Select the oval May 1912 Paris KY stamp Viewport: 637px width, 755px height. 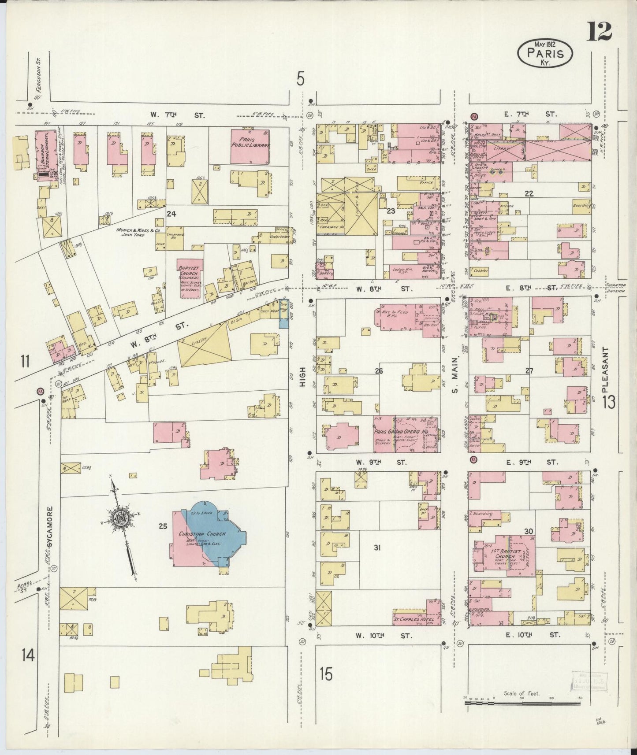pyautogui.click(x=545, y=52)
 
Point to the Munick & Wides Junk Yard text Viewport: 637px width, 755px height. pyautogui.click(x=137, y=232)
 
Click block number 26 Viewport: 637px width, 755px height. pyautogui.click(x=379, y=371)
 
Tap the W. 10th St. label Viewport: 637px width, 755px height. pyautogui.click(x=384, y=636)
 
